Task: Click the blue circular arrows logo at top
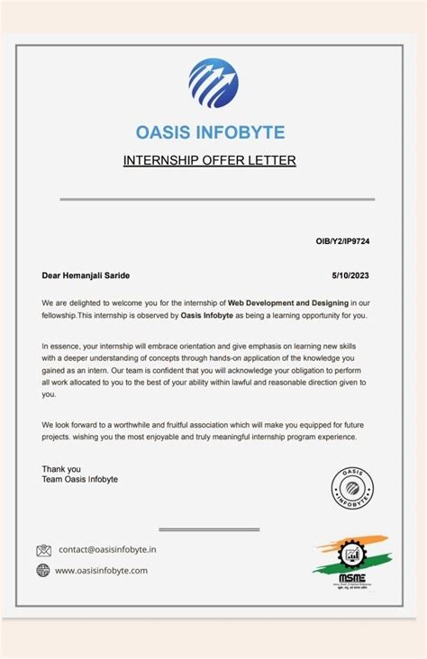213,84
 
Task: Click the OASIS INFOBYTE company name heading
210,133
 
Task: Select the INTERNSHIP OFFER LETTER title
209,161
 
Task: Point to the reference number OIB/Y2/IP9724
344,243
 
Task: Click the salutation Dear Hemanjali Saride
92,275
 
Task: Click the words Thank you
61,469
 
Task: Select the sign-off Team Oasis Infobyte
79,480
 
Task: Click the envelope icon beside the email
44,550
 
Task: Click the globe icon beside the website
43,570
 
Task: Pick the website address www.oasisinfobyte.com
101,570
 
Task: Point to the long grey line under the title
217,200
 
